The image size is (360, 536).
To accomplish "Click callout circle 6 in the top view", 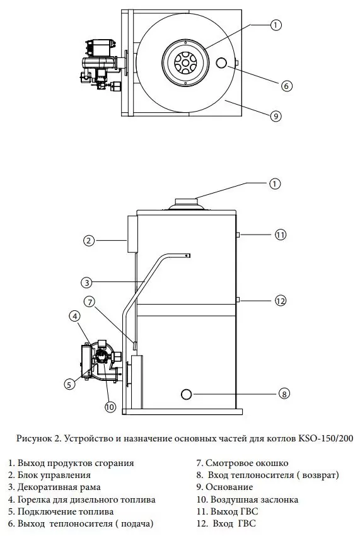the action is point(286,86).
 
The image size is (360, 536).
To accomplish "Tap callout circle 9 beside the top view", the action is point(276,116).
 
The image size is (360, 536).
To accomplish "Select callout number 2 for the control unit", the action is point(89,240).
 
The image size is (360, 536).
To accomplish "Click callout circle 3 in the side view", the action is point(87,283).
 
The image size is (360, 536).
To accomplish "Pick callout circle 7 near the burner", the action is point(90,302).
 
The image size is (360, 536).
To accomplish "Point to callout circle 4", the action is point(75,316).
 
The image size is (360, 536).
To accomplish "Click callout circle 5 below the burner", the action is point(69,384).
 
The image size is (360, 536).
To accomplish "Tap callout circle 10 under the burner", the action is point(110,407).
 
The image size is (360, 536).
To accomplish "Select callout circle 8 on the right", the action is point(284,393).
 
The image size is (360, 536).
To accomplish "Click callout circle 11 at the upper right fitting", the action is point(281,235).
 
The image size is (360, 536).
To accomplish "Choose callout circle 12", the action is point(281,301).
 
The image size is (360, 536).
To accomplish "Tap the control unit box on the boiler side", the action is point(132,234).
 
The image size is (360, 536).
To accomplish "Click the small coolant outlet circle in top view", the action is point(221,63).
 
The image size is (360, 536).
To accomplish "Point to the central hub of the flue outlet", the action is point(185,62).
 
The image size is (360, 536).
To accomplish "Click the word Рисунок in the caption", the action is point(33,438).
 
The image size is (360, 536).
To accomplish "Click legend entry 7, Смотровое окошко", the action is point(242,463).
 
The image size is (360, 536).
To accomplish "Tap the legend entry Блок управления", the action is point(50,475).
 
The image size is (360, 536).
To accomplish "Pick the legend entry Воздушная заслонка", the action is point(248,500).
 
